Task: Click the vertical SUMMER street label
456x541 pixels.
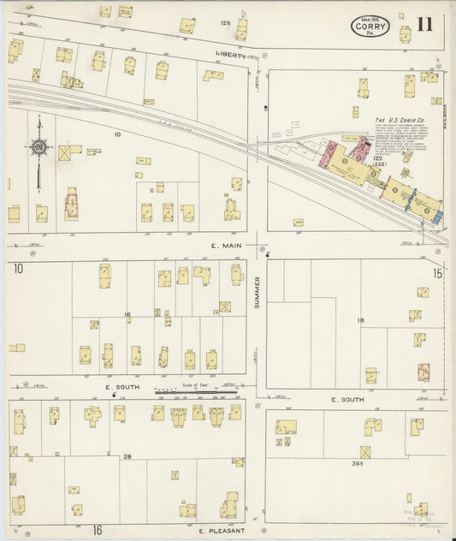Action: [x=256, y=296]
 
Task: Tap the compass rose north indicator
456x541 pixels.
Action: [x=39, y=147]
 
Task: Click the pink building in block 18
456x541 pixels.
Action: [x=423, y=372]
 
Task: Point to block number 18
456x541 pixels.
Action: [x=360, y=320]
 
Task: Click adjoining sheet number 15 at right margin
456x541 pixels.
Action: [x=437, y=273]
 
